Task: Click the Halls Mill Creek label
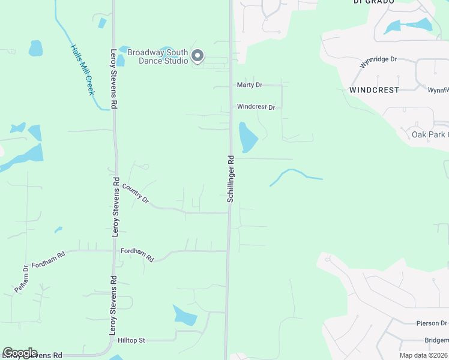pos(82,70)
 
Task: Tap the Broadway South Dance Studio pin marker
pos(197,57)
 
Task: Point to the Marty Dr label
pos(249,85)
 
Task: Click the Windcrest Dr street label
pos(256,107)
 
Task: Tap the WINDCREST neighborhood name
pos(374,90)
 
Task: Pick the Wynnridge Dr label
pos(378,60)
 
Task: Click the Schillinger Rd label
pos(231,178)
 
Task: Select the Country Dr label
pos(135,193)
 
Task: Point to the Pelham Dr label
pos(22,279)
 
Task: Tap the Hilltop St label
pos(131,340)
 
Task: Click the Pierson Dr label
pos(432,323)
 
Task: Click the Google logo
pos(20,353)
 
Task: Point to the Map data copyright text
pos(424,355)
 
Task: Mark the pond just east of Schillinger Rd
pos(247,138)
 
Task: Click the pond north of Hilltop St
pos(184,315)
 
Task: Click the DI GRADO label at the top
pos(373,2)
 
